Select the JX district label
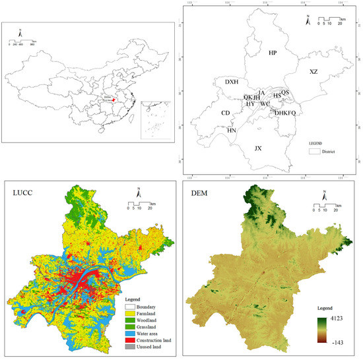click(258, 149)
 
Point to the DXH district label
click(231, 82)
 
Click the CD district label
click(226, 113)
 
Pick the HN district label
click(231, 131)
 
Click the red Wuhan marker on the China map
click(113, 101)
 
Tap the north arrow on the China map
click(20, 31)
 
